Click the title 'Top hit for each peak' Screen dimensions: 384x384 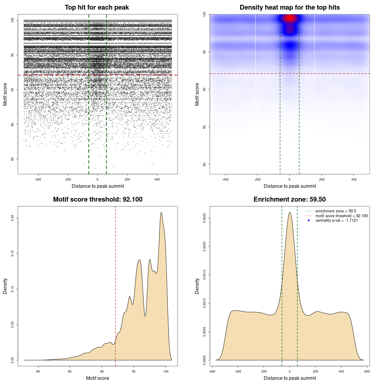point(97,7)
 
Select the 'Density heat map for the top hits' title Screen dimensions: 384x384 point(289,7)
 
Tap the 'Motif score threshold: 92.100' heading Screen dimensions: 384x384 point(97,199)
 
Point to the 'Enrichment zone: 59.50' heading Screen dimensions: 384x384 point(289,199)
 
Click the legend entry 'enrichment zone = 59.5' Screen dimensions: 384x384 point(336,211)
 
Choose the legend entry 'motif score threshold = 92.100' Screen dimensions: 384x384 point(341,216)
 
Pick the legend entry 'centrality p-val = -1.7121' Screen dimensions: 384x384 point(336,220)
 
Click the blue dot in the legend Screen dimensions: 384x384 point(309,220)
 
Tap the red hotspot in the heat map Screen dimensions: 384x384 point(289,18)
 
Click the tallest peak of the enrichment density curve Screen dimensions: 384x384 point(290,213)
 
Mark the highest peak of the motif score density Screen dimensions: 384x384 point(161,213)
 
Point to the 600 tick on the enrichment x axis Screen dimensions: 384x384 point(367,371)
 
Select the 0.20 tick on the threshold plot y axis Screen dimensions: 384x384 point(12,218)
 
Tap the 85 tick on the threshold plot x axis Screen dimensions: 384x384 point(70,371)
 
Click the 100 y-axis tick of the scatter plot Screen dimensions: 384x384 point(12,20)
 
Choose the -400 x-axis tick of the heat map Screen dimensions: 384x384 point(225,179)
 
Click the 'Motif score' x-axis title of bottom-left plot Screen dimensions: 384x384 point(97,378)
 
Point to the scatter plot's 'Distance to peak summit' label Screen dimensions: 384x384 point(98,186)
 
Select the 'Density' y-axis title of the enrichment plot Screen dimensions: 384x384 point(197,286)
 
